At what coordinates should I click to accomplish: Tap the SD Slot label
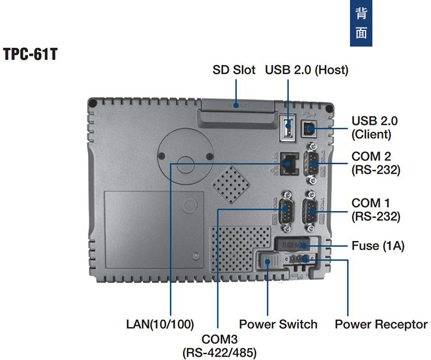[x=233, y=70]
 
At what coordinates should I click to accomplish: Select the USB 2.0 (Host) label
[x=306, y=70]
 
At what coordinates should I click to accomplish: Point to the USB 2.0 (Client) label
[x=374, y=128]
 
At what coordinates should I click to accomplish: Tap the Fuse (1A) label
[x=378, y=246]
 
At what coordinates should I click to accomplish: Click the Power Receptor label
[x=381, y=324]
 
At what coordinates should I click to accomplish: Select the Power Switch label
[x=278, y=324]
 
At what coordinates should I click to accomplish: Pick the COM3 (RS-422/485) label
[x=220, y=345]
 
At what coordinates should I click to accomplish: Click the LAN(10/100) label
[x=160, y=324]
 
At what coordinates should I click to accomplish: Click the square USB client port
[x=311, y=128]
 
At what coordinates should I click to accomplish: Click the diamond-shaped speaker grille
[x=231, y=185]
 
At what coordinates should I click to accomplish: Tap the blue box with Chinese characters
[x=361, y=23]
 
